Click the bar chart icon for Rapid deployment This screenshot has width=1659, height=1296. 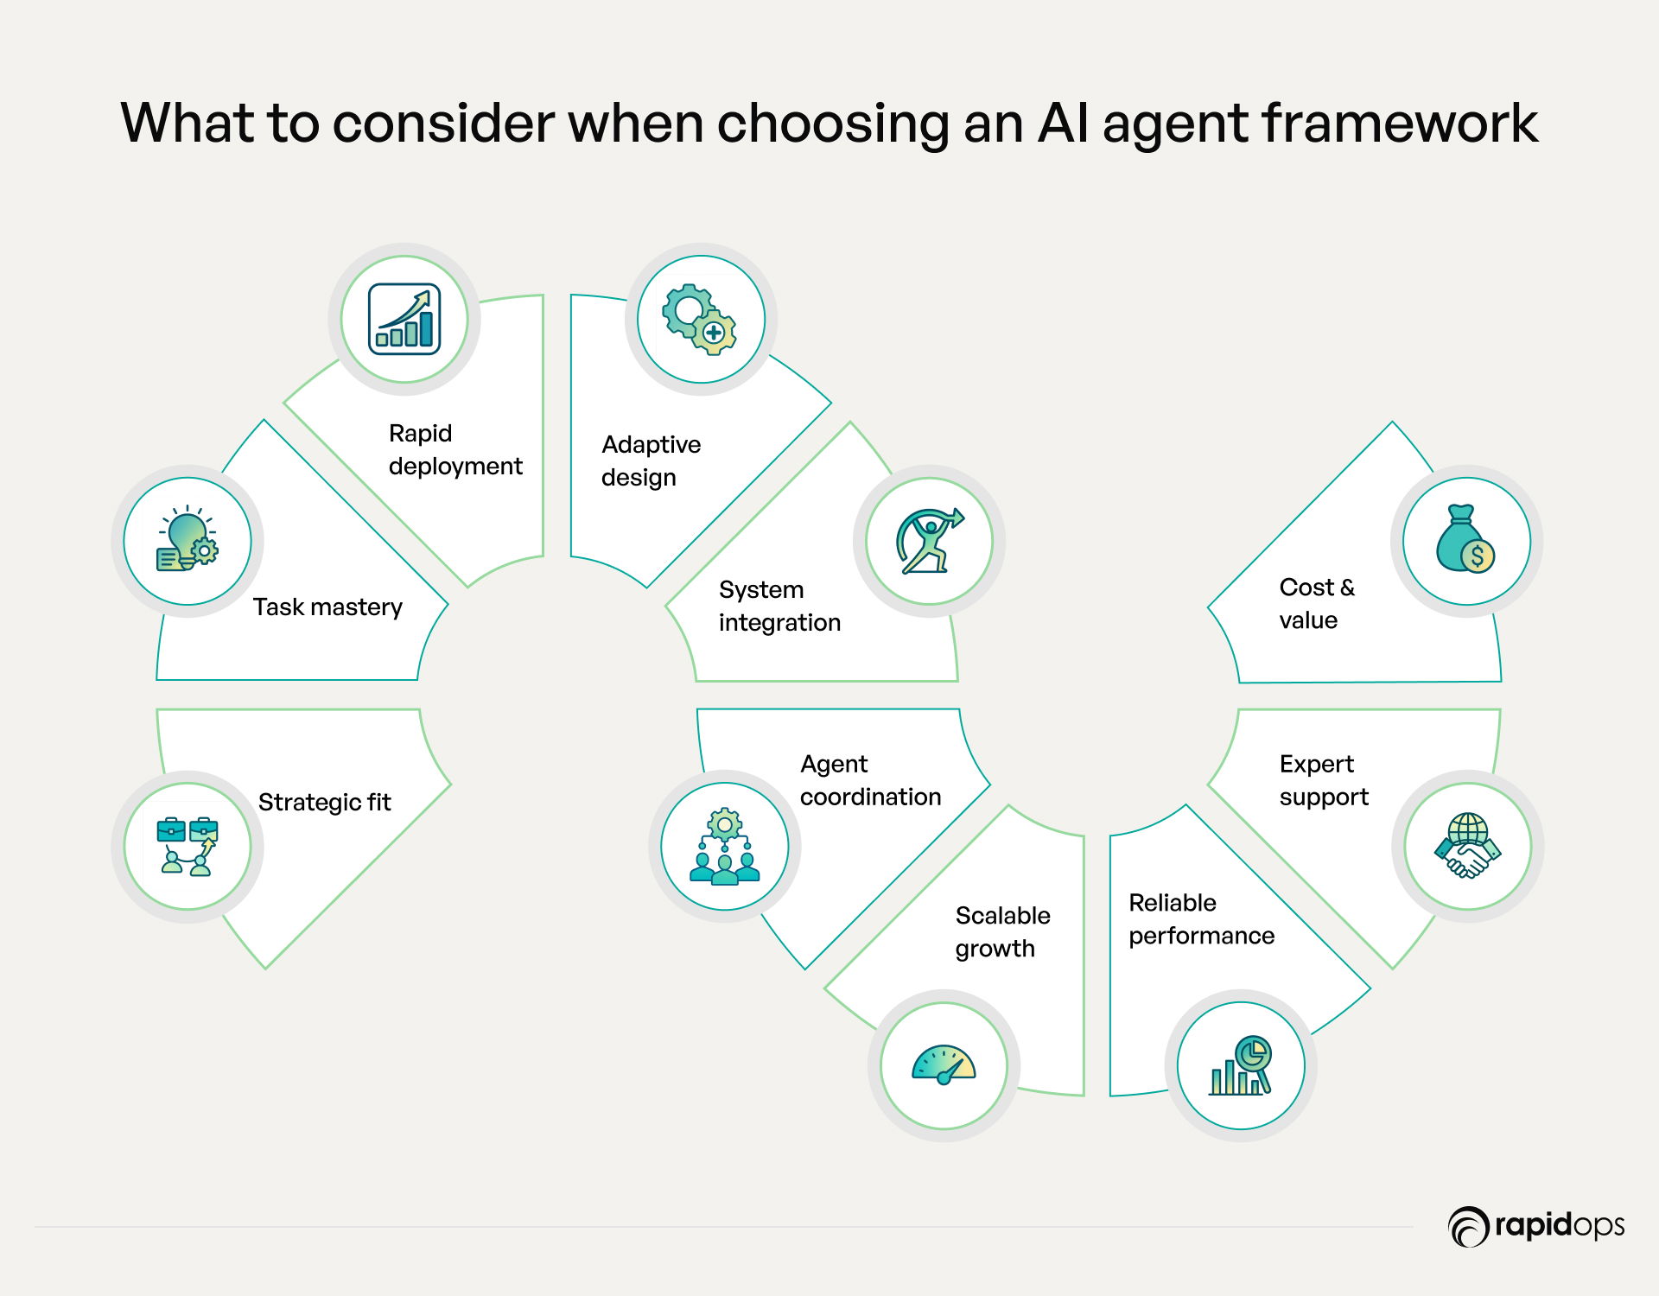(404, 319)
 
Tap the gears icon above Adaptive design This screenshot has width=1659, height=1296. (701, 319)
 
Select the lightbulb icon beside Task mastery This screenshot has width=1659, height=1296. (188, 541)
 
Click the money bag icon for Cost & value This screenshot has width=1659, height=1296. (1466, 541)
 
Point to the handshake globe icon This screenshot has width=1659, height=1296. (1467, 846)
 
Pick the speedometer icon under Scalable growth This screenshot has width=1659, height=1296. (944, 1065)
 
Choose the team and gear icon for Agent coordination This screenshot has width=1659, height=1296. (725, 846)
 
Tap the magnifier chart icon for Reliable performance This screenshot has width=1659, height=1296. (1241, 1065)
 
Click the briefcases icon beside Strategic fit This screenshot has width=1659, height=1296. (188, 846)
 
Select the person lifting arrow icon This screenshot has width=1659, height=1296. (929, 541)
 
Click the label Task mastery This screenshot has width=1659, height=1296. (327, 607)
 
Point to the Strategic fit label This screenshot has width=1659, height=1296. (324, 802)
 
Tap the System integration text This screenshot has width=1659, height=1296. (779, 606)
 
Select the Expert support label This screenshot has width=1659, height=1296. (1324, 780)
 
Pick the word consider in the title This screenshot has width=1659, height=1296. (443, 123)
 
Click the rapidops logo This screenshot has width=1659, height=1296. (1536, 1226)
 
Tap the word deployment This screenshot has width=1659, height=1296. (455, 467)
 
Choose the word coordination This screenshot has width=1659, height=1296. (870, 797)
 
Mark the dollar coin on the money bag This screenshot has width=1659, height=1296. (1478, 556)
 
